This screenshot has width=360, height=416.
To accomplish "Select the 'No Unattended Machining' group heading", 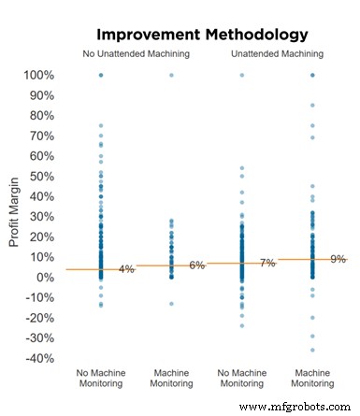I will click(x=136, y=54).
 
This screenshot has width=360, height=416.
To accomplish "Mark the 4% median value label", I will click(x=126, y=269).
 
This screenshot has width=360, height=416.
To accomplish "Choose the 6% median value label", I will click(x=196, y=265).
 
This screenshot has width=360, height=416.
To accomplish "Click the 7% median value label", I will click(x=267, y=264).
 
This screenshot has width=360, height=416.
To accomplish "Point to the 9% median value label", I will click(x=338, y=259).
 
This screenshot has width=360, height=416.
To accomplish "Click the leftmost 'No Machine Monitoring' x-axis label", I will click(x=100, y=378).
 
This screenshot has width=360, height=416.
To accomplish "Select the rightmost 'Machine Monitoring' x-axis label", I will click(x=311, y=378).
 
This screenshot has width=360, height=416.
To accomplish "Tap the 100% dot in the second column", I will click(x=171, y=75).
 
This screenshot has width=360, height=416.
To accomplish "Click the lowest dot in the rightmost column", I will click(x=311, y=351).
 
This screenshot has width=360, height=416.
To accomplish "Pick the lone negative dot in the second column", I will click(x=171, y=304).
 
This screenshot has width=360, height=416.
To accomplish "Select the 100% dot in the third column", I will click(x=241, y=75).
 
